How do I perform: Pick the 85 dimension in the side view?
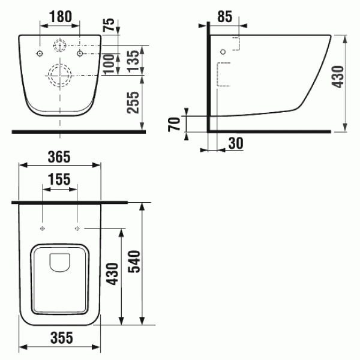coord(225,17)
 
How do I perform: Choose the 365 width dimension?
coord(59,157)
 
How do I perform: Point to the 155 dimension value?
coord(60,179)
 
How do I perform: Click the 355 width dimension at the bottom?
coord(59,338)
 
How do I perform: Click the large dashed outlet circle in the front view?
coord(60,74)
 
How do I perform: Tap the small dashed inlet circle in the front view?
coord(60,45)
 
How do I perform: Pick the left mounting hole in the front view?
coord(40,53)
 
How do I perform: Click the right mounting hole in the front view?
coord(80,53)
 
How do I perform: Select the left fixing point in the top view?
coord(43,229)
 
